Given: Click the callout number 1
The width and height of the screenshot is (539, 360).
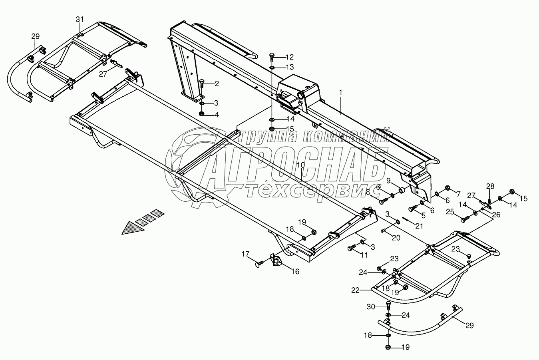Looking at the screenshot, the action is (341, 92).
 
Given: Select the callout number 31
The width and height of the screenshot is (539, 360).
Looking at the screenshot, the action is (80, 19).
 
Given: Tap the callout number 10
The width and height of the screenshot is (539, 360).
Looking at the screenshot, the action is (301, 165).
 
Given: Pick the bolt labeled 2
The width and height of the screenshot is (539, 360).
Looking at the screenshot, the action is (202, 84).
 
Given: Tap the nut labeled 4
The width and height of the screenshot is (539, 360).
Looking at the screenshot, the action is (202, 114).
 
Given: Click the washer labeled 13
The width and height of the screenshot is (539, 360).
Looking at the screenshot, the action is (272, 67).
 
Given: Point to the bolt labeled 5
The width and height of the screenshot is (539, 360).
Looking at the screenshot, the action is (412, 209).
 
